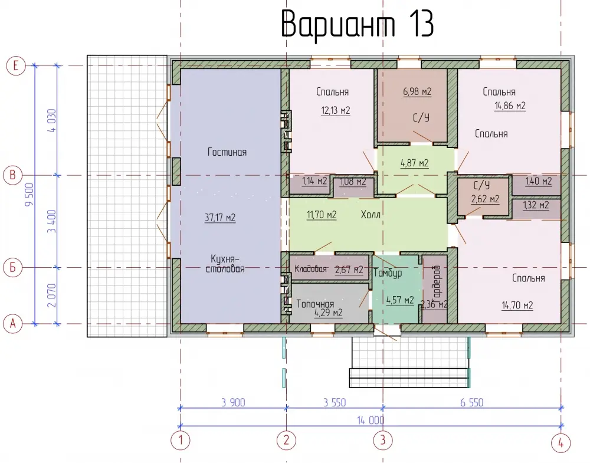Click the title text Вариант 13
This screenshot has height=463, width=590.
tap(358, 24)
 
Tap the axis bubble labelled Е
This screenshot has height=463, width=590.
tap(16, 66)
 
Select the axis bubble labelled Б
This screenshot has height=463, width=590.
tap(13, 268)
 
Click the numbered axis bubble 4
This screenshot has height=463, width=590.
tap(560, 444)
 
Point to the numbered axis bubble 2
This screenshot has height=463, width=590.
tap(286, 440)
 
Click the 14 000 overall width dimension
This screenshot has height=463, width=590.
tap(371, 420)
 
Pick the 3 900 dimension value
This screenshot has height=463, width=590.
tap(233, 402)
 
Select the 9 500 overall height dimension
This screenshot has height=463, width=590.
tap(29, 195)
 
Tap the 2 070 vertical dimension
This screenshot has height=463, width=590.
tap(52, 295)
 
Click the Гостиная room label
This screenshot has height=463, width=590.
tap(227, 152)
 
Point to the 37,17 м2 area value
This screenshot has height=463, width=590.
tap(220, 218)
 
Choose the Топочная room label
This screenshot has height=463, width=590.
tap(315, 304)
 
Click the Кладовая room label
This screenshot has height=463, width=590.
tap(310, 269)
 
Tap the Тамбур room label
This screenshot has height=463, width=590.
tap(388, 273)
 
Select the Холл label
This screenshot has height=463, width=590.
tap(371, 214)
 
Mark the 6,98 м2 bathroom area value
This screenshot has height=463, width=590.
tap(417, 91)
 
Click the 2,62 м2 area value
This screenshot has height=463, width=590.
tap(486, 199)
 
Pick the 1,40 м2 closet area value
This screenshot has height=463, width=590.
tap(539, 181)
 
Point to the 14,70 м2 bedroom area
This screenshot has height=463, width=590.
tap(517, 305)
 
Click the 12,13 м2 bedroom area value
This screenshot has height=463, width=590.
tap(336, 110)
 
